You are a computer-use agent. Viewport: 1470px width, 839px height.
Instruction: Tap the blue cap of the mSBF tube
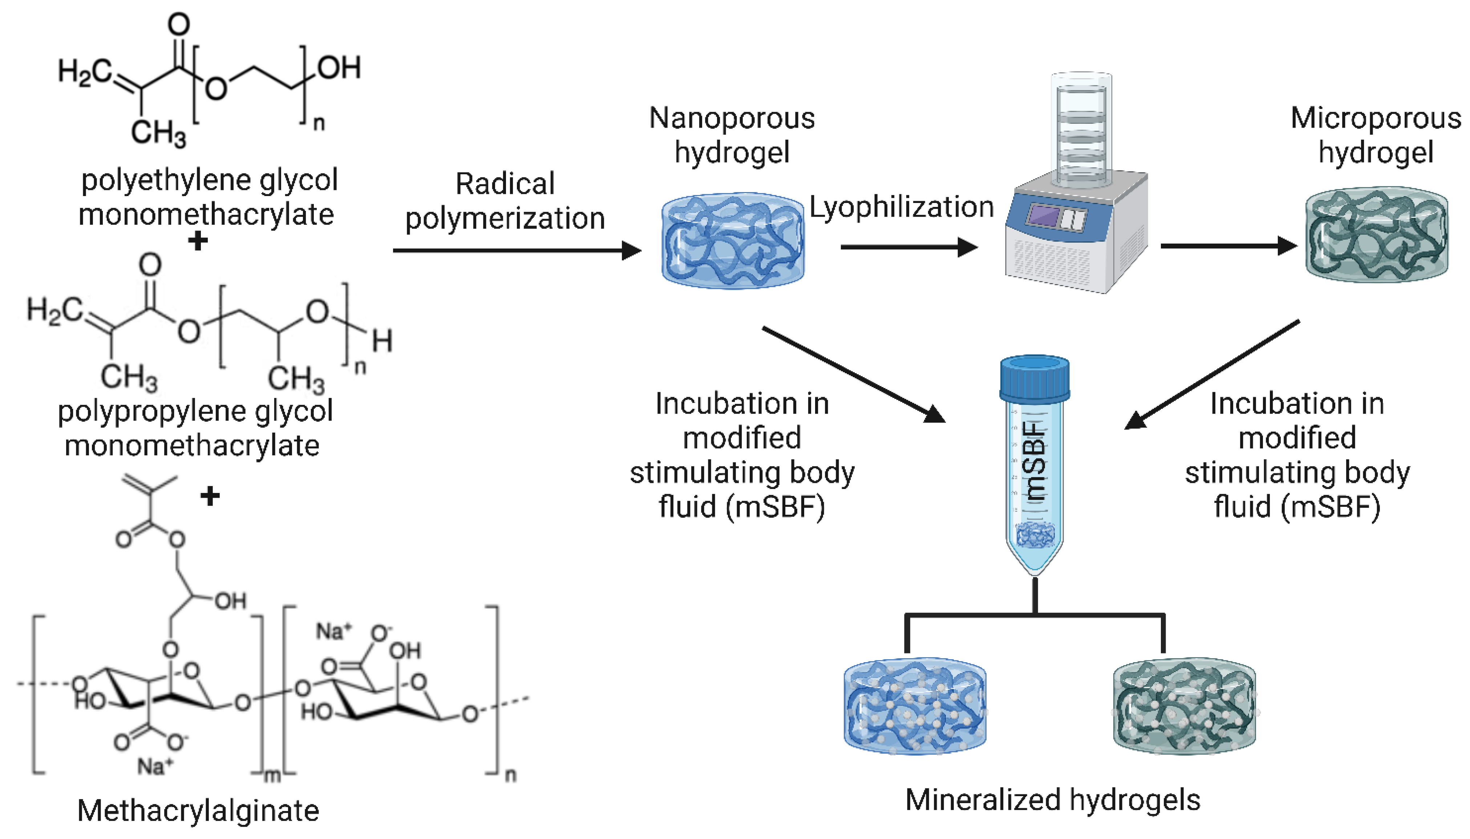click(x=1034, y=378)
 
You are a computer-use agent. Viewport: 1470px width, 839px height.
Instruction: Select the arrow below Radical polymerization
click(x=516, y=250)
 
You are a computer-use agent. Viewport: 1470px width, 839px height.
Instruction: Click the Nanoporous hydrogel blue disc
click(x=732, y=240)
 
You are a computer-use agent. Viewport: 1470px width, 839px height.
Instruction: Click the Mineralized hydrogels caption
click(x=1052, y=800)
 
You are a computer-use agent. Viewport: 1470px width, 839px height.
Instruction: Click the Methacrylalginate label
click(x=198, y=810)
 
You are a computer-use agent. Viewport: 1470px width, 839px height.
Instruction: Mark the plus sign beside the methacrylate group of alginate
click(x=210, y=496)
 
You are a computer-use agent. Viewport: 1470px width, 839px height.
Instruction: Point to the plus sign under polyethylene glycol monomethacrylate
click(x=198, y=241)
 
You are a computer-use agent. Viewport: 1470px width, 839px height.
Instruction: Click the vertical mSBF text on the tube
click(x=1034, y=461)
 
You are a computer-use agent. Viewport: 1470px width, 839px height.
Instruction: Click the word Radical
click(x=505, y=184)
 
